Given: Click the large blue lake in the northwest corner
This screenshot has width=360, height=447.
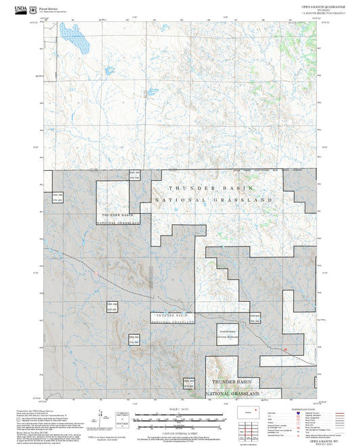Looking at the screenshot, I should tap(75, 40).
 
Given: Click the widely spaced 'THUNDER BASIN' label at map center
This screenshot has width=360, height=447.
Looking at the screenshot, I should tap(211, 188).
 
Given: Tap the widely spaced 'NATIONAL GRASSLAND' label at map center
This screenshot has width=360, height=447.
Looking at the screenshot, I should tap(214, 201).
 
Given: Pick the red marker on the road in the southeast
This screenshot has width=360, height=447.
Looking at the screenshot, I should tap(285, 350).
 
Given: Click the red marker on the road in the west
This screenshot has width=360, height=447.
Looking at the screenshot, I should tap(97, 273).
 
